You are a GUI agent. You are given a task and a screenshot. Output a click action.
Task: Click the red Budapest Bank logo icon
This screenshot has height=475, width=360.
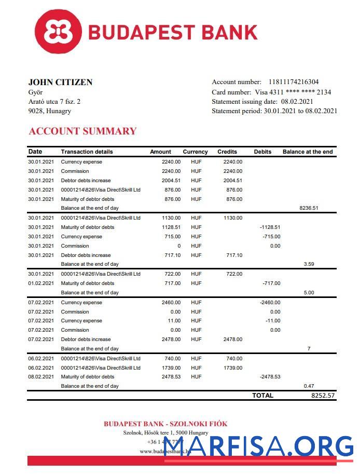tap(58, 32)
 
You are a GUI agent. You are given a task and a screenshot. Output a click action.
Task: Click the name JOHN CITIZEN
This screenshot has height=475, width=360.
tap(60, 82)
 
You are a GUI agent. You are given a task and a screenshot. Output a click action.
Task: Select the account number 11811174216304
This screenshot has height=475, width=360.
tap(294, 82)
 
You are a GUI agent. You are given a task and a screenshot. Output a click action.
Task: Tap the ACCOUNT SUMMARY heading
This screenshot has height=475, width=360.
tap(82, 131)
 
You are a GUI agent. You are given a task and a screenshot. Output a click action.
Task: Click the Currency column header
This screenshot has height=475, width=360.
tap(195, 152)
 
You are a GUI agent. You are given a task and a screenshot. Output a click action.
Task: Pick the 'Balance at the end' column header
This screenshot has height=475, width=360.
tap(308, 152)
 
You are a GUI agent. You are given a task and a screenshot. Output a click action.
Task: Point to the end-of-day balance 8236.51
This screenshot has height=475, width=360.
tap(309, 208)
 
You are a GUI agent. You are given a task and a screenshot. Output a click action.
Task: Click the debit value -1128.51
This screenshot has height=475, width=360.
tap(270, 227)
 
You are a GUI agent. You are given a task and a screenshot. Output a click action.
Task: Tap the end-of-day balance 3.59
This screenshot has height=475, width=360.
tap(309, 264)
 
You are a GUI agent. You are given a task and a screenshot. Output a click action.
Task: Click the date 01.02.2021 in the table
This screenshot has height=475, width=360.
tap(41, 283)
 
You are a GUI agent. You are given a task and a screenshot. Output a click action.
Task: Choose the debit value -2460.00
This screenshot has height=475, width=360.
tap(270, 303)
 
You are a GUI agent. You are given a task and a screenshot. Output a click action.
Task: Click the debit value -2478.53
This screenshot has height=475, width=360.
tap(270, 377)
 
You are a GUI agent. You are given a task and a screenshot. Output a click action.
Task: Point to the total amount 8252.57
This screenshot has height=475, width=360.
tap(323, 396)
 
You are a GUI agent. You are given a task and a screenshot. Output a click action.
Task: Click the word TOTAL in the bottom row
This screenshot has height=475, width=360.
tap(262, 396)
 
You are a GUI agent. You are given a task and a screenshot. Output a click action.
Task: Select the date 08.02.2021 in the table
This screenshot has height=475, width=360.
tap(41, 377)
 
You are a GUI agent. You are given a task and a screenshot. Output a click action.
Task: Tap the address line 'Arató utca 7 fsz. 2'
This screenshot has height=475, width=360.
tap(54, 102)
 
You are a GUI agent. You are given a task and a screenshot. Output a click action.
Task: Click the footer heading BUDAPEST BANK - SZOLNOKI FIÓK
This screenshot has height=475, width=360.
tap(165, 424)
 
